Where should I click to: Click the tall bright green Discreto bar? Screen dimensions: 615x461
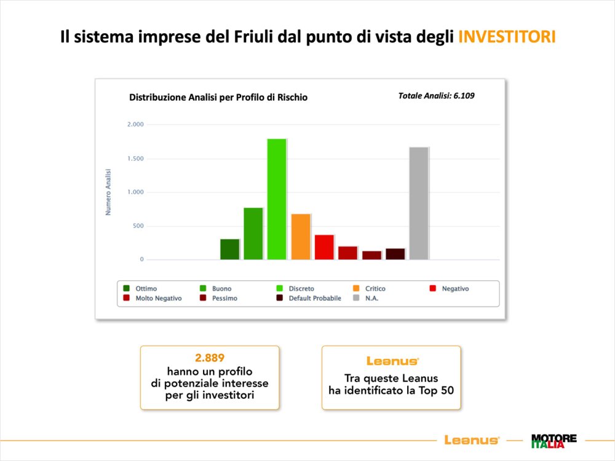(x=277, y=199)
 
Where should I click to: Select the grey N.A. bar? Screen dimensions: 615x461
(x=419, y=203)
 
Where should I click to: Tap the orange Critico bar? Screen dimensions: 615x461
(x=301, y=237)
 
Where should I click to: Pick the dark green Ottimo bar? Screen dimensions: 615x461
(x=230, y=250)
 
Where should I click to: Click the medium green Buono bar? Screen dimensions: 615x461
(x=253, y=234)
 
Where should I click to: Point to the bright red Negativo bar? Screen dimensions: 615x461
(x=324, y=247)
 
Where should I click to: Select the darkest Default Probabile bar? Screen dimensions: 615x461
(x=395, y=254)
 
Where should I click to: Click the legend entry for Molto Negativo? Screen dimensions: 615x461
(x=153, y=298)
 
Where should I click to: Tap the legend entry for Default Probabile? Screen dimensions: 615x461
(x=309, y=298)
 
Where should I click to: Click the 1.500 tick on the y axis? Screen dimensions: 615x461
(x=135, y=159)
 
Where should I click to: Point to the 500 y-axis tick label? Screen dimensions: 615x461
(x=138, y=226)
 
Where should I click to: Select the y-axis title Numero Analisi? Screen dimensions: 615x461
(x=108, y=192)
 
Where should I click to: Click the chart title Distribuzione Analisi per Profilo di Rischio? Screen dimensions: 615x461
(x=218, y=97)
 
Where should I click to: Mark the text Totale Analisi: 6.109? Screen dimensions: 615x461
(x=436, y=96)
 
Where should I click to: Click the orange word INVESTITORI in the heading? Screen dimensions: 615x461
(x=507, y=36)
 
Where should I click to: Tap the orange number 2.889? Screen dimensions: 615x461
(x=210, y=358)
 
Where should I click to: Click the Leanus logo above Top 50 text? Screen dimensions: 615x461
(x=392, y=361)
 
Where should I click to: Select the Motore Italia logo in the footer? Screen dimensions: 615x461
(x=554, y=441)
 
